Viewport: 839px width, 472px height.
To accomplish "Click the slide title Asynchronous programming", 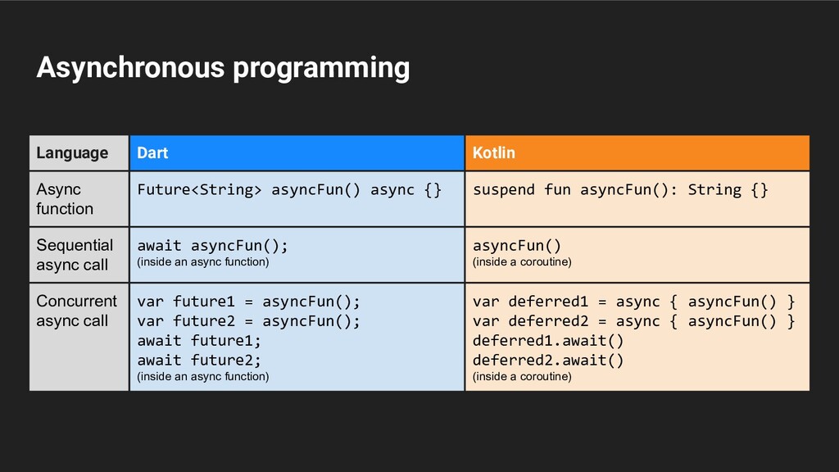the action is (x=223, y=68).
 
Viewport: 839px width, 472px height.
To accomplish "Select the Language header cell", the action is (x=72, y=153).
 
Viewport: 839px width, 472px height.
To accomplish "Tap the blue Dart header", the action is (x=152, y=153).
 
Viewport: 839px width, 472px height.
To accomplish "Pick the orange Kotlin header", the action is (x=494, y=153).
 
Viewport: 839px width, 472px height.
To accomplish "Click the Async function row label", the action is (x=65, y=199).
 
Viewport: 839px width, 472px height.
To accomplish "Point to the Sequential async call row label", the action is (x=75, y=255).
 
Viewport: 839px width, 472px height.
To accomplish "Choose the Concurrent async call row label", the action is (x=76, y=311).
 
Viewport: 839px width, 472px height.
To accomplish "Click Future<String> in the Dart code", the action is (x=199, y=190).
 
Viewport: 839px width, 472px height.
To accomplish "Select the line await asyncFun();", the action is (x=212, y=245).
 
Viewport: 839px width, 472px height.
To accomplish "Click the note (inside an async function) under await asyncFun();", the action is (x=202, y=262).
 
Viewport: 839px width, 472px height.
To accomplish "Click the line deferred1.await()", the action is (x=548, y=340).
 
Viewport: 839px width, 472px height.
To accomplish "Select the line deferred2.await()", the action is (x=548, y=360).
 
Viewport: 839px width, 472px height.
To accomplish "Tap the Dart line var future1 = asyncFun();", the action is (x=248, y=301).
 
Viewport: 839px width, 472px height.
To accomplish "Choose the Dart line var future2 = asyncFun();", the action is (x=248, y=320).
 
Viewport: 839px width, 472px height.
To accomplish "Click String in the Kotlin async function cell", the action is (x=714, y=190).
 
